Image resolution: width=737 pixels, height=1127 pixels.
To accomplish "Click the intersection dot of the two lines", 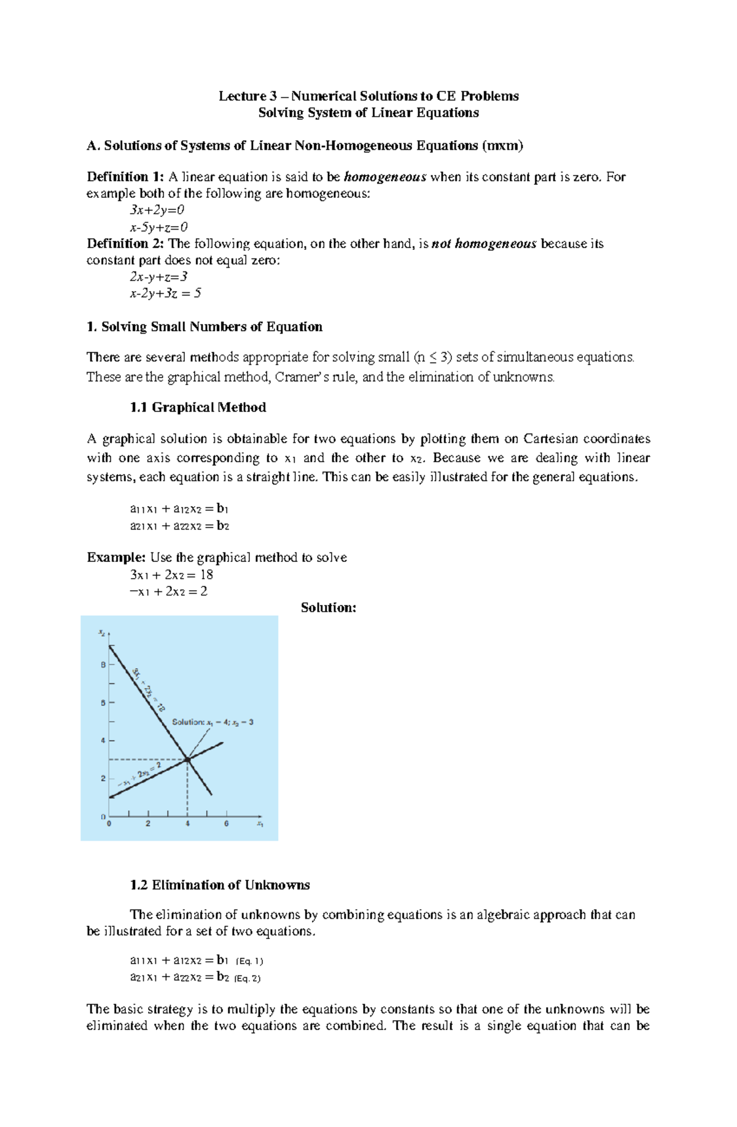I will tap(188, 760).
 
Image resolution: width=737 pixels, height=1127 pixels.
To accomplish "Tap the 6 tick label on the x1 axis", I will tap(227, 824).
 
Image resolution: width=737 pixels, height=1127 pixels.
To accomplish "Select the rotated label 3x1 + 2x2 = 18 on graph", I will tap(148, 689).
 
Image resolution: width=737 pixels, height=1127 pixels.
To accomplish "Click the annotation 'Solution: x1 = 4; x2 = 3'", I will tap(213, 722).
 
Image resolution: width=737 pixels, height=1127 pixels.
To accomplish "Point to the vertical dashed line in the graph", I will tap(187, 792).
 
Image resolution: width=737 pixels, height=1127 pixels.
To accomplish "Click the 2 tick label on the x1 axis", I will tap(148, 824).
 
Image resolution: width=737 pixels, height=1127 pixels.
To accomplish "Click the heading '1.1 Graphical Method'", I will tap(198, 408).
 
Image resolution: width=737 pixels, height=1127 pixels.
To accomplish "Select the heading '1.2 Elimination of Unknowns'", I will tap(220, 885).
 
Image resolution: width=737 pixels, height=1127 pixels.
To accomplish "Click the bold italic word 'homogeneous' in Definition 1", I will tap(385, 177).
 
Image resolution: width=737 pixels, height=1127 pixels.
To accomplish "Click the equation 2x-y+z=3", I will tap(154, 276).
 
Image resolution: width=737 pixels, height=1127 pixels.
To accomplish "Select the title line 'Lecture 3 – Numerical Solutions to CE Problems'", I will tap(368, 96).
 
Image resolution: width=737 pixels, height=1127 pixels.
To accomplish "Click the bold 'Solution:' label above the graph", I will tap(329, 608).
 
